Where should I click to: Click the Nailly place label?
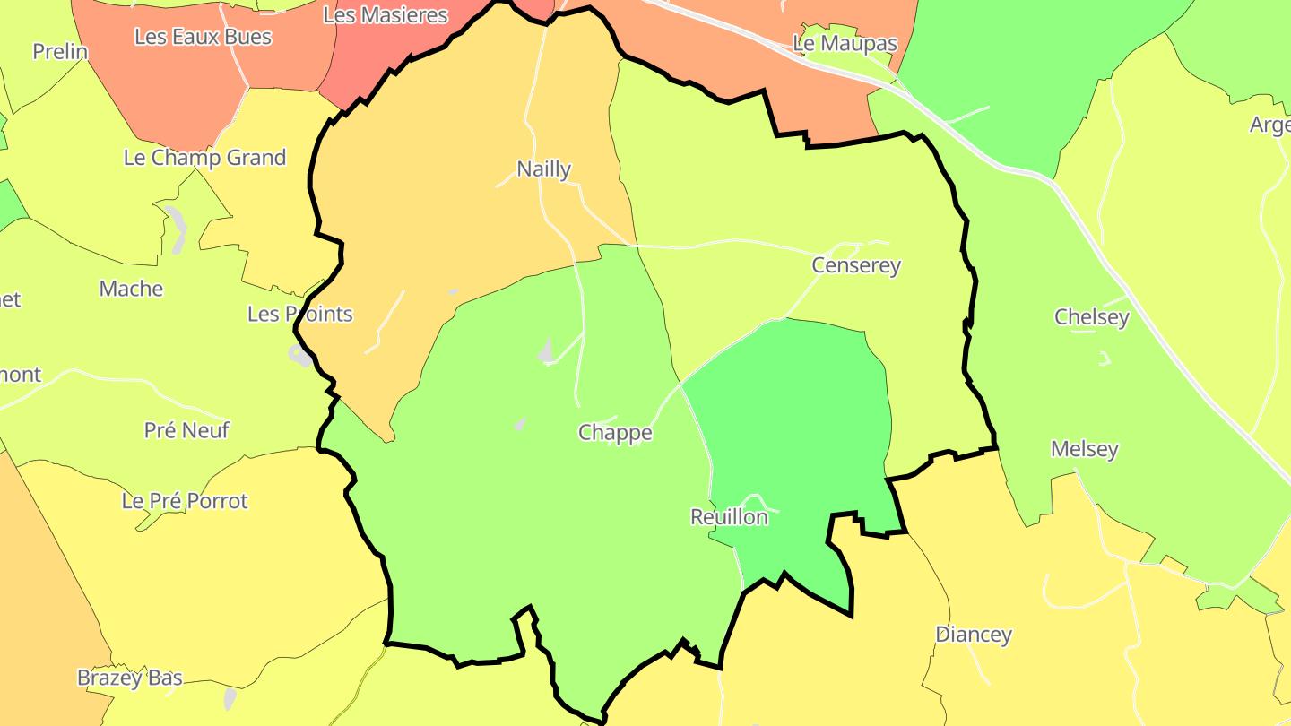point(543,169)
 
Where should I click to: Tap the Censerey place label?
point(855,265)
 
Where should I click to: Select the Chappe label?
point(615,433)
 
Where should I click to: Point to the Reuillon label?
point(729,517)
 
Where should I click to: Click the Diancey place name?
point(973,635)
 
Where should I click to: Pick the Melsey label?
point(1084,449)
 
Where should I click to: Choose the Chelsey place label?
point(1091,316)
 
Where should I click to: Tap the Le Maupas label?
point(845,43)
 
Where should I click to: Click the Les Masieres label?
point(385,15)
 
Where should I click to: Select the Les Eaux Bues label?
point(203,37)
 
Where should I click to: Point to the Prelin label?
point(60,51)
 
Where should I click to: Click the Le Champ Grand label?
point(204,158)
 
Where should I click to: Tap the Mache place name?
point(131,289)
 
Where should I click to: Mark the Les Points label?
point(299,314)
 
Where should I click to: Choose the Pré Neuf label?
point(186,430)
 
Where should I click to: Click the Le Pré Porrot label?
point(185,500)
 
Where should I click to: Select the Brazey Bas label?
point(129,678)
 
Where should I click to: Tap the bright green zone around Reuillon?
point(789,403)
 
